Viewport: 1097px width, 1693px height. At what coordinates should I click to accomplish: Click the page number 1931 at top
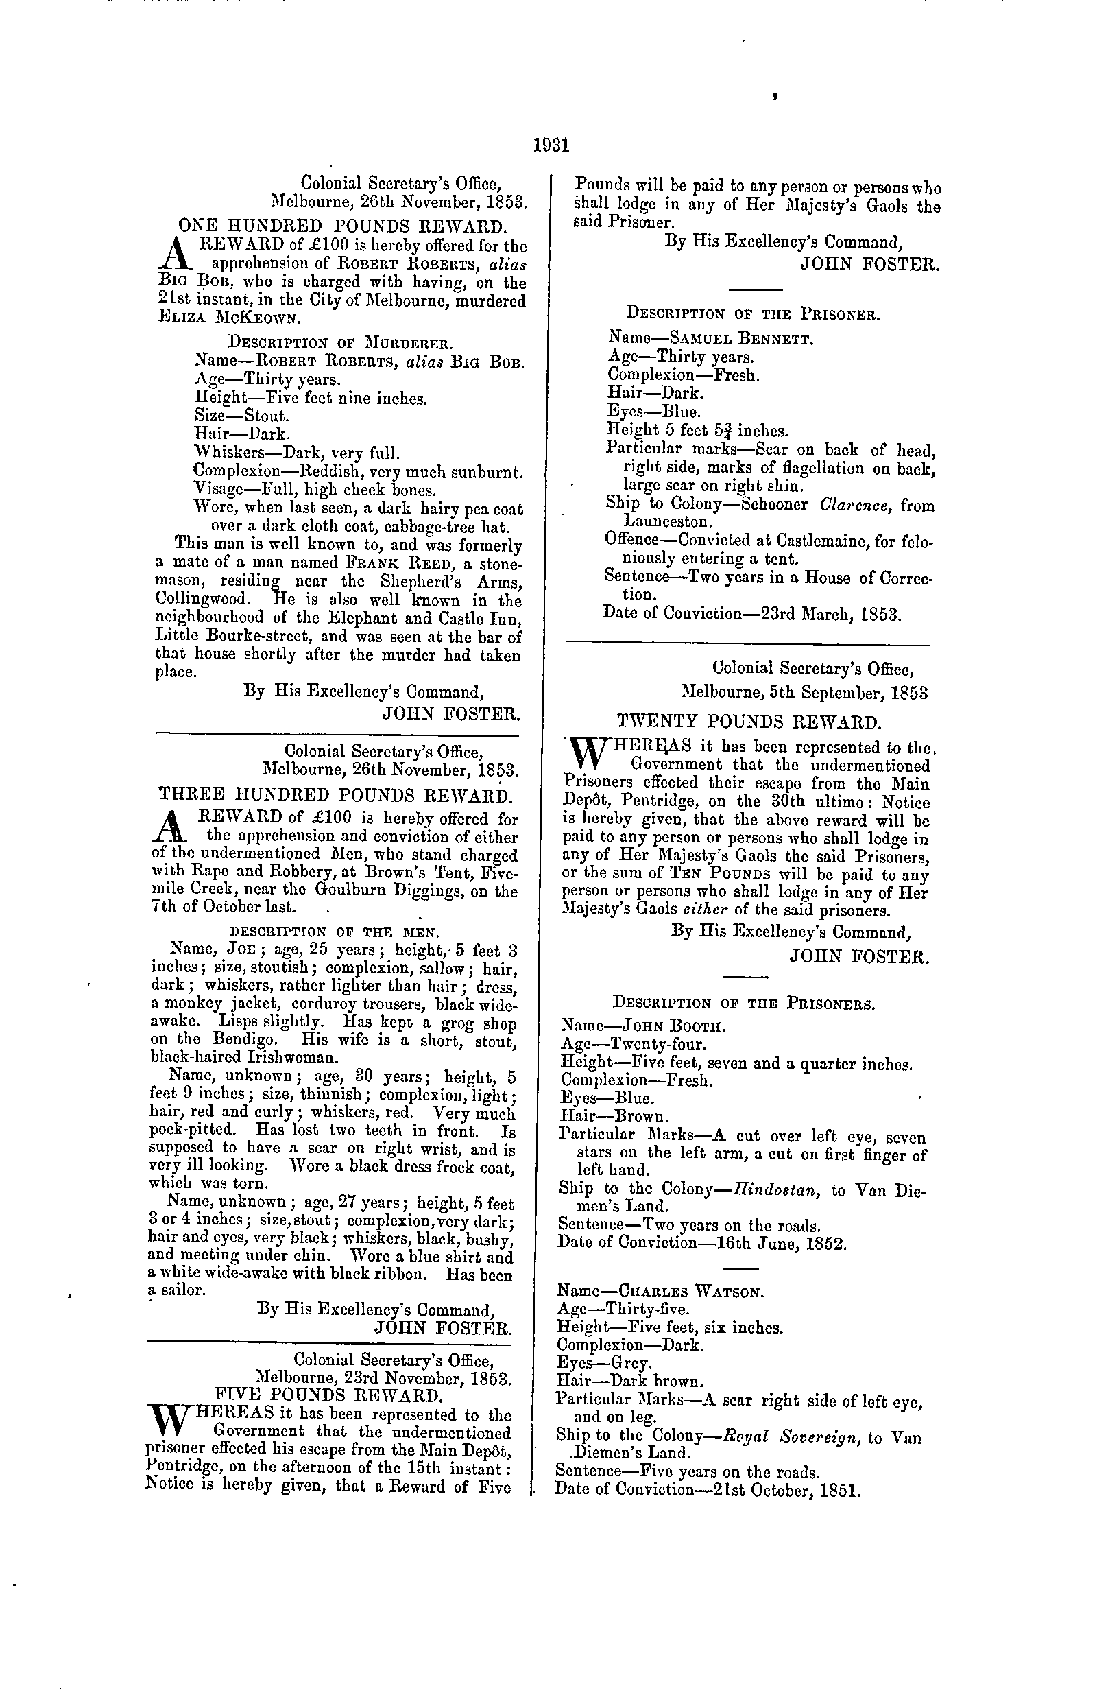(551, 146)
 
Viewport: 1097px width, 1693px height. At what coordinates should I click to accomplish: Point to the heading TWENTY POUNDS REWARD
(749, 723)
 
